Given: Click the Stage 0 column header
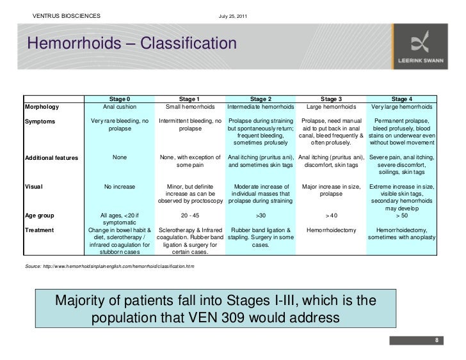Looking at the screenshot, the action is pos(120,99).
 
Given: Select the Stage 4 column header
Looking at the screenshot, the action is pos(401,99).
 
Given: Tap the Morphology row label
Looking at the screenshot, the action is pos(42,107).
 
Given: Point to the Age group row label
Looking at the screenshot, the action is pos(40,215).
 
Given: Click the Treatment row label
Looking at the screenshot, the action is pos(40,230).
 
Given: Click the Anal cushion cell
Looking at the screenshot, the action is pos(120,107).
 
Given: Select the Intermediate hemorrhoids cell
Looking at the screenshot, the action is pos(261,107).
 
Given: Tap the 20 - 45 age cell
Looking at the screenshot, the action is pos(190,215).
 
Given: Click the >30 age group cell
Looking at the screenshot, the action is pos(261,215).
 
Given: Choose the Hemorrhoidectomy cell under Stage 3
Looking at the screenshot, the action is pos(331,230).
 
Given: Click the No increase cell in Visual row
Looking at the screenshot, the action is pos(120,187).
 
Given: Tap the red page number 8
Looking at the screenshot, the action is pos(436,340).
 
